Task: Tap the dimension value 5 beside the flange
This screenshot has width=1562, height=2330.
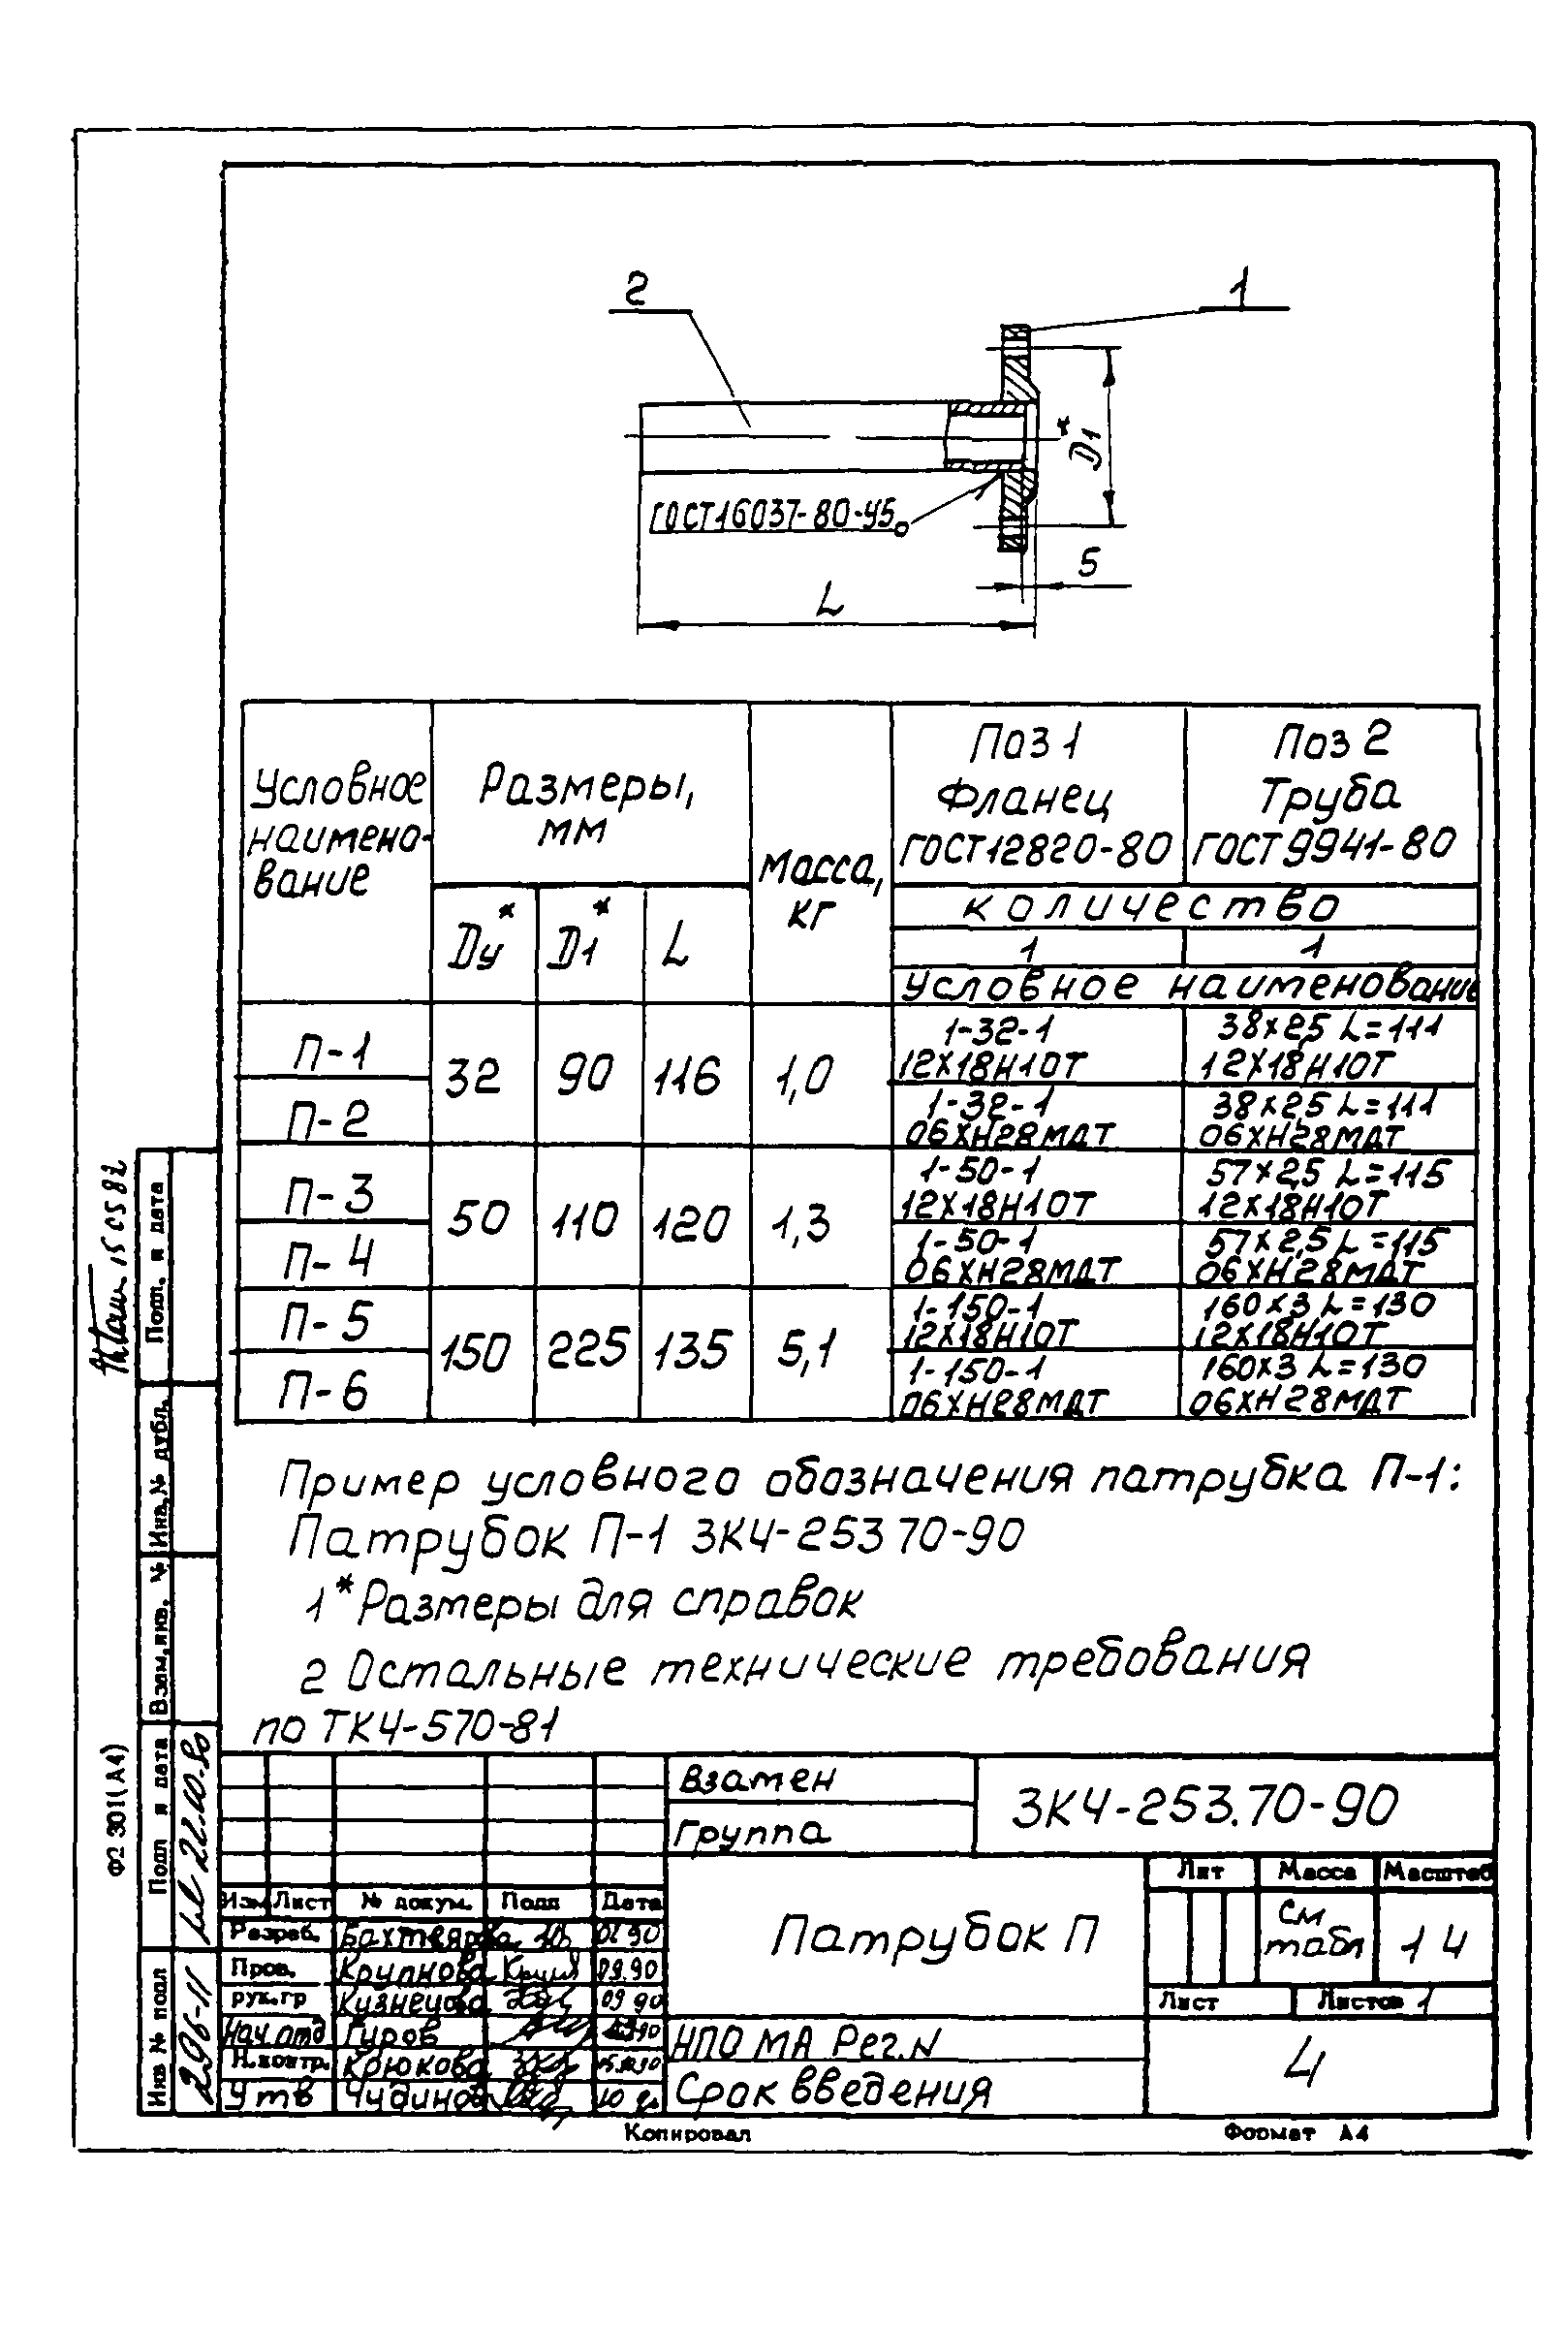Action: (x=1088, y=564)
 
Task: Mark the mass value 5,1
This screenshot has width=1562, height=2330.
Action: (x=805, y=1350)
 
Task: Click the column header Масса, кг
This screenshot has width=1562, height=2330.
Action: (x=819, y=891)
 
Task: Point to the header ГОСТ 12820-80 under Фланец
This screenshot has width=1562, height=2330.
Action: (x=1036, y=850)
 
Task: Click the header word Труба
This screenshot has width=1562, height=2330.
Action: (x=1328, y=796)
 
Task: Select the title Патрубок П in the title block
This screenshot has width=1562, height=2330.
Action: (x=933, y=1936)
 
